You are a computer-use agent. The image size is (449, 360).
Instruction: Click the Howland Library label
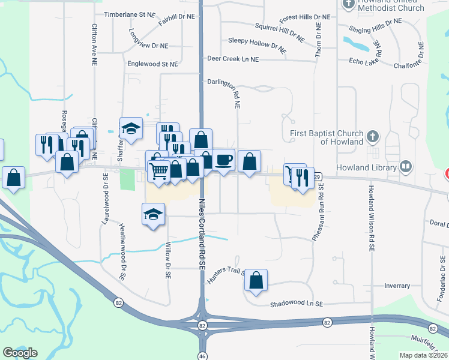point(366,167)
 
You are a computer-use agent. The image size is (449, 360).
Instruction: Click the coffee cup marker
point(224,160)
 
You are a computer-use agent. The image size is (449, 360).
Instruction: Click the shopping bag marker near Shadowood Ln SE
point(256,280)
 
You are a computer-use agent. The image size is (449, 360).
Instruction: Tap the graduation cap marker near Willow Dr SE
point(153,214)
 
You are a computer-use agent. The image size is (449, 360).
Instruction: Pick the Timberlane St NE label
point(129,14)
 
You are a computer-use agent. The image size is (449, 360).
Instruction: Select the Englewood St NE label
point(152,64)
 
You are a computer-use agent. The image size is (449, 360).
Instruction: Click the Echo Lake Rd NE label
point(368,59)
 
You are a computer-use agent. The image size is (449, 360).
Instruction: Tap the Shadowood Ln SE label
point(297,304)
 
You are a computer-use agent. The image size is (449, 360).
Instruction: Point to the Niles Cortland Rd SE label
point(203,222)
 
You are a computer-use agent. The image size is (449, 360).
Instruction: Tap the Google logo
point(20,353)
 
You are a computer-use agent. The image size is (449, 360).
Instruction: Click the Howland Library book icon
point(406,166)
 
